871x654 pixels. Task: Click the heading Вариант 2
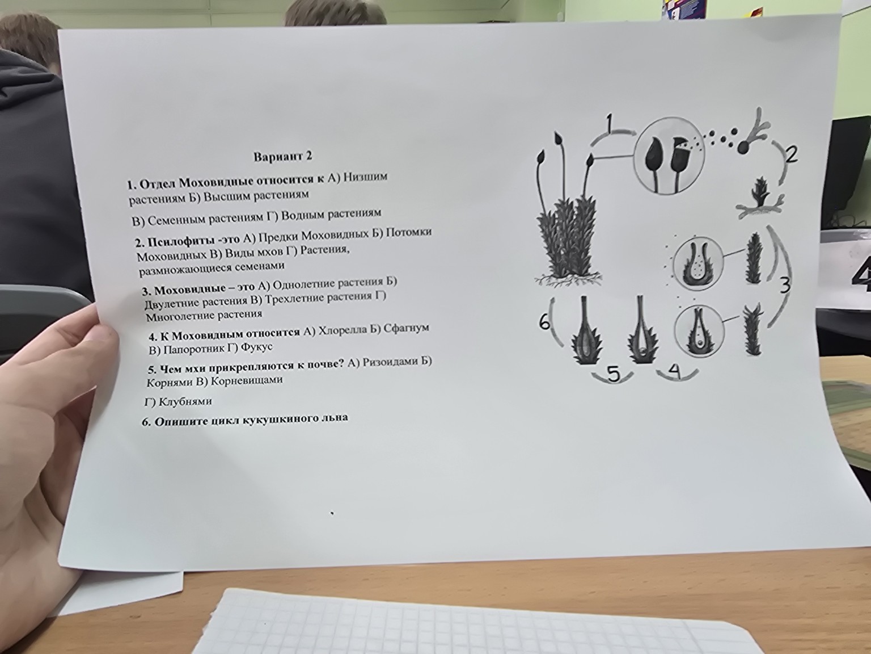click(283, 157)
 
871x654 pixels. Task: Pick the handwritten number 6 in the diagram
click(545, 322)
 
